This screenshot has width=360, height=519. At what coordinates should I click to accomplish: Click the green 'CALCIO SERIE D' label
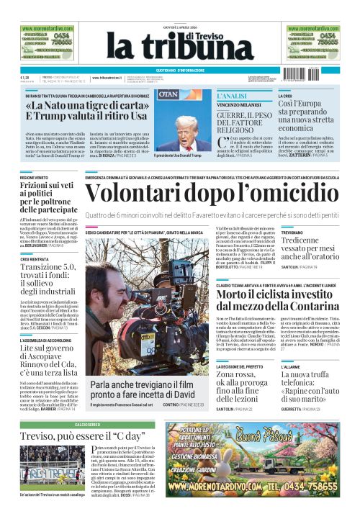83,425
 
